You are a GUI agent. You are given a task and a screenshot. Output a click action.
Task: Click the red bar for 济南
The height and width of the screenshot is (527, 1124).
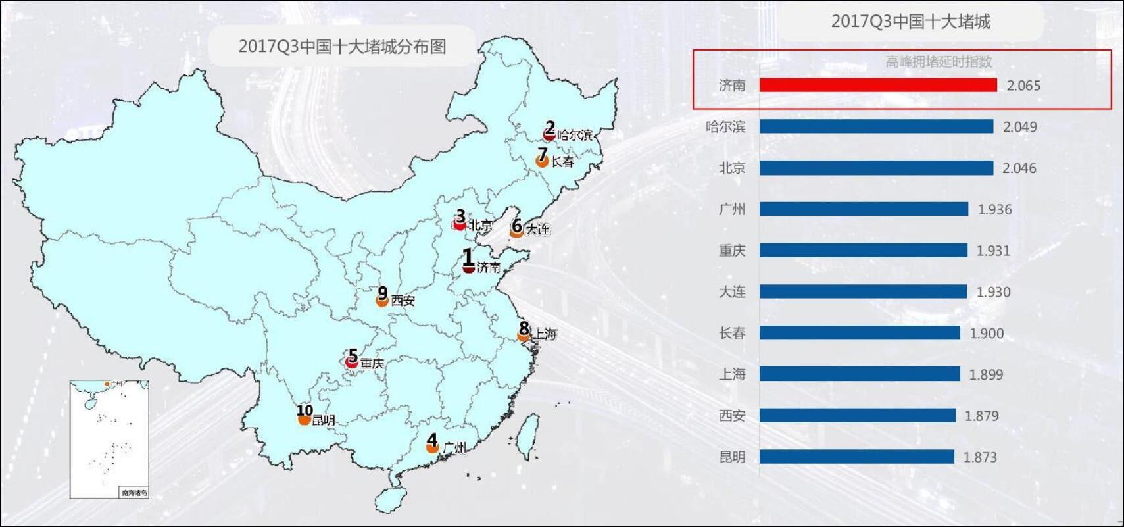(878, 85)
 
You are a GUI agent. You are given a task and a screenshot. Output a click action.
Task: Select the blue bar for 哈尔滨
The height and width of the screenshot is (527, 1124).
(876, 126)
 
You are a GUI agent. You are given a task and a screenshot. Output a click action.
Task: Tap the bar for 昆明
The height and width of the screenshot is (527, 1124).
(856, 457)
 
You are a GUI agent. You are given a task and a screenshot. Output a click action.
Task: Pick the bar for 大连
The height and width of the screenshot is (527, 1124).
(863, 291)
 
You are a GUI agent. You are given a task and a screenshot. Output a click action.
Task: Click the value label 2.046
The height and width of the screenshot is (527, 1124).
(1019, 168)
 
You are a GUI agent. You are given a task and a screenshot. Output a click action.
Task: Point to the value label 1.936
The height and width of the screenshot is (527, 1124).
(994, 210)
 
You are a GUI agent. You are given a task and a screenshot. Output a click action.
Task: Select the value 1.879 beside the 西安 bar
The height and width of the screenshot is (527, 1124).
(981, 416)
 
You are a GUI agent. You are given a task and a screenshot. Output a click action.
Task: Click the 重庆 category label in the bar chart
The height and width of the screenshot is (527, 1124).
(732, 251)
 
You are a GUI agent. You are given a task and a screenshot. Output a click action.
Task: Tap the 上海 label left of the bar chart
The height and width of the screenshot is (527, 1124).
(732, 374)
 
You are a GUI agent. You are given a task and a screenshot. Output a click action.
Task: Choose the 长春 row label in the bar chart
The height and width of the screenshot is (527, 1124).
(732, 333)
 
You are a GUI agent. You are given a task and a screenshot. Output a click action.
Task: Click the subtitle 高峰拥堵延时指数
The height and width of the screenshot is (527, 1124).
(939, 62)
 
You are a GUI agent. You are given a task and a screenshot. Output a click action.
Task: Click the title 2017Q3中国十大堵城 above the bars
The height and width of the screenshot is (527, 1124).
(910, 22)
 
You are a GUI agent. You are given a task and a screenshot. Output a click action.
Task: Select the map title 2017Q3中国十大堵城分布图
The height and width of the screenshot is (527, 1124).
(342, 46)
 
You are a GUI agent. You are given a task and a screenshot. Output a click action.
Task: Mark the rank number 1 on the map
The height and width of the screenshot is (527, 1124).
(468, 257)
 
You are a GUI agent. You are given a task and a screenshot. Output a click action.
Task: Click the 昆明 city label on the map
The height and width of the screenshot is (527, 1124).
(324, 420)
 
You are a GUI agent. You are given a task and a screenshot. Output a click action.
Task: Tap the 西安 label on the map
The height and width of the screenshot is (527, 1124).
(403, 301)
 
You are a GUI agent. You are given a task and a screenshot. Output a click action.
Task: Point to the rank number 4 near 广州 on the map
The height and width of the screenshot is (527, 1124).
(431, 439)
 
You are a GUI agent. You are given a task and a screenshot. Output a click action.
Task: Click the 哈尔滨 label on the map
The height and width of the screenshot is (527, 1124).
(574, 135)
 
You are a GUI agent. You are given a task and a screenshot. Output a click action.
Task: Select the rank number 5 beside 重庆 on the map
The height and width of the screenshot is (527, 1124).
(353, 355)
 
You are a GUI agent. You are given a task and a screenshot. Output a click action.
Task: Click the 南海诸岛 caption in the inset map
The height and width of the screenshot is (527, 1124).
(134, 492)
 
